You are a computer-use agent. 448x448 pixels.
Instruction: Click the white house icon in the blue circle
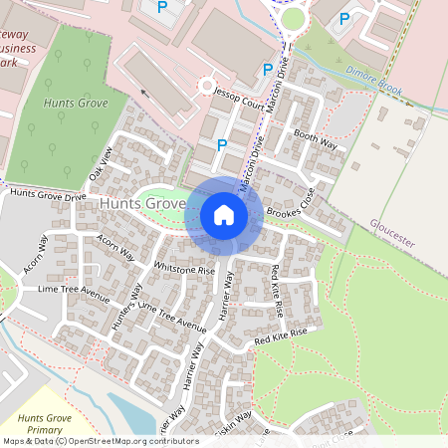(224, 215)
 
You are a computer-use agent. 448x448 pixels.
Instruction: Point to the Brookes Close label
(291, 206)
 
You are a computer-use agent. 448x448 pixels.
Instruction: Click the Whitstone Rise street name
(185, 269)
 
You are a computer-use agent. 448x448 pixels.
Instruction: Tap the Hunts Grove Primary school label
(46, 423)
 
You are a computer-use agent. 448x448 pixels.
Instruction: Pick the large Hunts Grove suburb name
(143, 203)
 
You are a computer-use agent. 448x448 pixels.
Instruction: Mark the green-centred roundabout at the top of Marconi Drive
(293, 17)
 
